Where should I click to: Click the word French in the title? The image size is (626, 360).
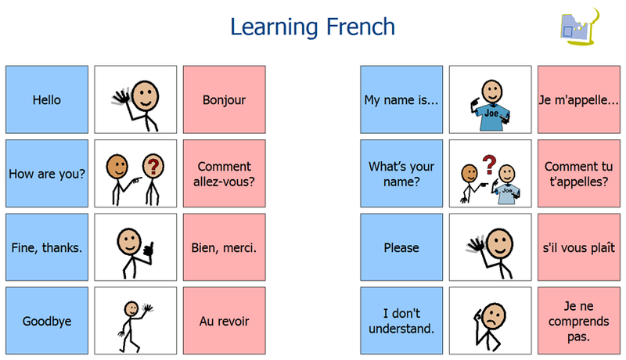(x=361, y=27)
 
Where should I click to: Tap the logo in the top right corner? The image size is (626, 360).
(x=580, y=27)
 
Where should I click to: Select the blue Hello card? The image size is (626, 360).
(x=47, y=99)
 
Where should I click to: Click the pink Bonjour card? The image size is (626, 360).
(x=224, y=99)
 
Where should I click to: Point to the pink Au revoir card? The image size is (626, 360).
(x=224, y=321)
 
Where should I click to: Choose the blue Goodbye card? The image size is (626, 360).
(x=47, y=321)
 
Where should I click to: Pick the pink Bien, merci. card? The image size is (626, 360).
(x=224, y=247)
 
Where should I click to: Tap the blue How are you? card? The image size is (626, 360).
(x=47, y=173)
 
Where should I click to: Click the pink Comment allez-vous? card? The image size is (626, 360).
(x=224, y=173)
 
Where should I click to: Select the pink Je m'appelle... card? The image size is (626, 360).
(x=579, y=99)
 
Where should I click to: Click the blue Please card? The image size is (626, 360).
(x=401, y=247)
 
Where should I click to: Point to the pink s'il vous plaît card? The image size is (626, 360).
(x=579, y=247)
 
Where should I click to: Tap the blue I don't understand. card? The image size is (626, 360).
(x=401, y=321)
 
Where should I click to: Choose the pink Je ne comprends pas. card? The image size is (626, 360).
(x=579, y=321)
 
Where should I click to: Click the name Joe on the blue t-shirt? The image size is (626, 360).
(x=491, y=113)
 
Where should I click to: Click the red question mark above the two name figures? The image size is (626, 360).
(x=489, y=164)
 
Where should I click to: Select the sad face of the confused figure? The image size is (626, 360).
(x=494, y=317)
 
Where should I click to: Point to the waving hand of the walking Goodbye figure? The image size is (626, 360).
(x=147, y=308)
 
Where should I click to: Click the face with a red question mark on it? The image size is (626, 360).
(x=153, y=166)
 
